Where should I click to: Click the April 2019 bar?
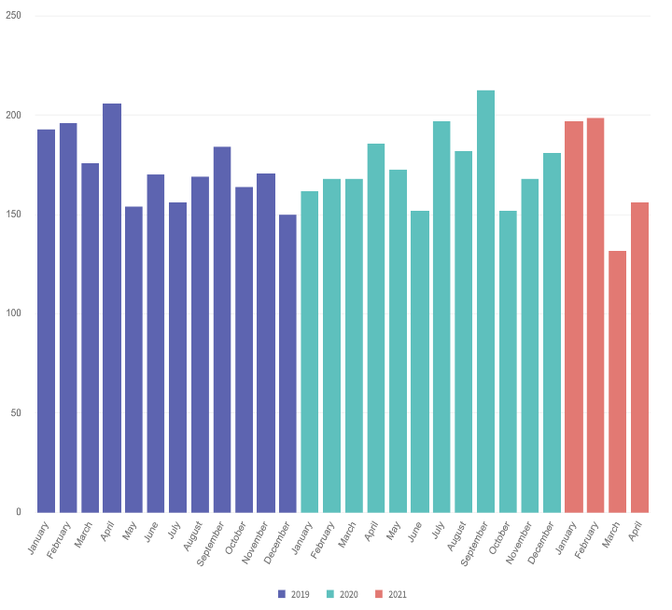(112, 308)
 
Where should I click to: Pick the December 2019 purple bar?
(287, 363)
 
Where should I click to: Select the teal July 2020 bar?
(441, 316)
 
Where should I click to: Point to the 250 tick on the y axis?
(15, 16)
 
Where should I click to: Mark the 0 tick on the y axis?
(18, 512)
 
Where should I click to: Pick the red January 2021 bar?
(574, 316)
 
